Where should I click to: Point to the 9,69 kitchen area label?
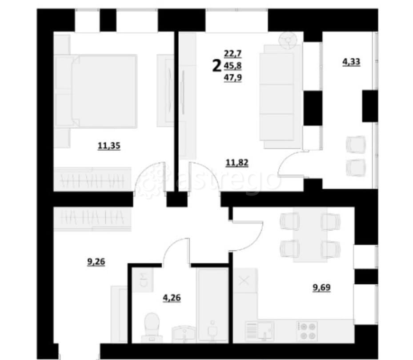pyautogui.click(x=320, y=287)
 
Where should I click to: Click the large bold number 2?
pyautogui.click(x=217, y=66)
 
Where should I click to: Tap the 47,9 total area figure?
pyautogui.click(x=233, y=78)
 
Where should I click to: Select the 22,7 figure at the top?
pyautogui.click(x=233, y=54)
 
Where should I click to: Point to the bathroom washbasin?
pyautogui.click(x=183, y=333)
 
